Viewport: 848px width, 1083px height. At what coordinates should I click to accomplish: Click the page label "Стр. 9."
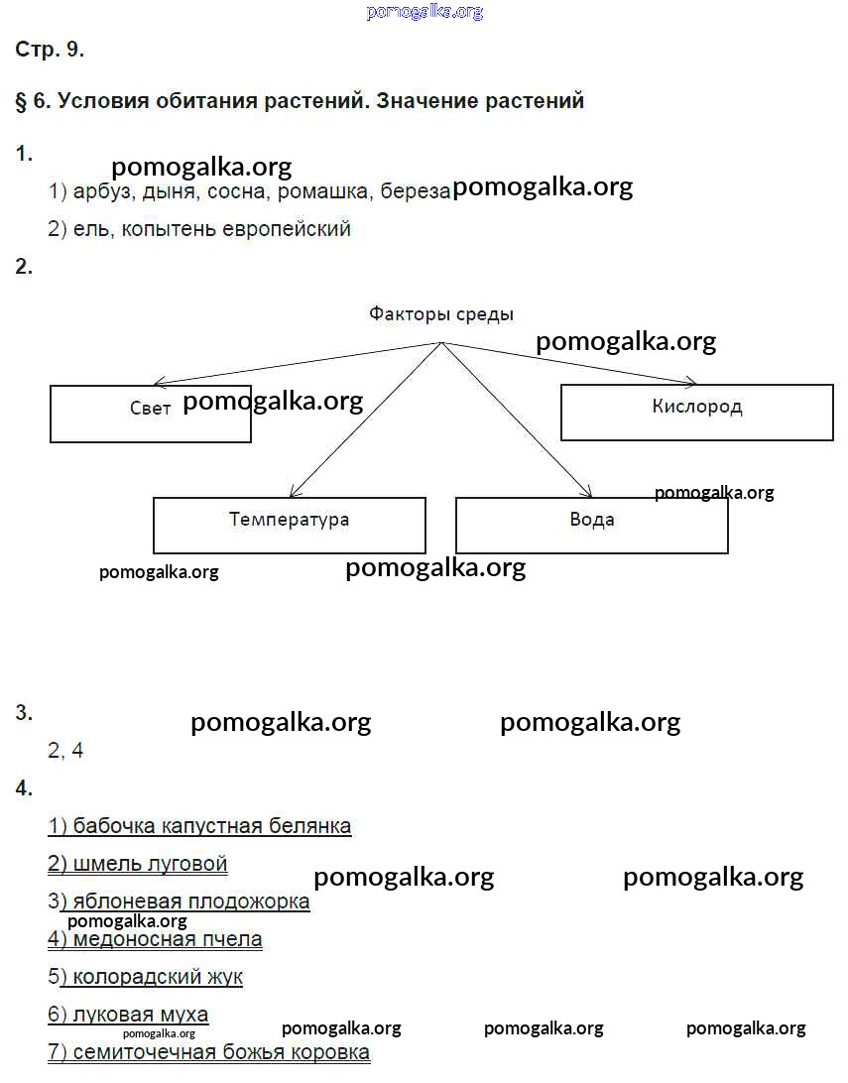50,51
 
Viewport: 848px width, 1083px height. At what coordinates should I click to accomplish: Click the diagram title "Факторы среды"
441,315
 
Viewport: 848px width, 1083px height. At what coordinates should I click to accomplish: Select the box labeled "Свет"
150,414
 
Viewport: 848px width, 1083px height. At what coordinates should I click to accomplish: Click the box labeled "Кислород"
696,412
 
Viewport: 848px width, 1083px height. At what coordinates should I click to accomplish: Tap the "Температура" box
289,525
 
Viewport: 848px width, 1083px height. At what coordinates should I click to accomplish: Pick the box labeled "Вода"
591,525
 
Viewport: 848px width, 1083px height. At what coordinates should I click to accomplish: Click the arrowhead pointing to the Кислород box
692,382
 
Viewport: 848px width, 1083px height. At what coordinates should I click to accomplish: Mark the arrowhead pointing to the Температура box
293,492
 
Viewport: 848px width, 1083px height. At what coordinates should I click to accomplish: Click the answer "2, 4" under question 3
65,751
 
